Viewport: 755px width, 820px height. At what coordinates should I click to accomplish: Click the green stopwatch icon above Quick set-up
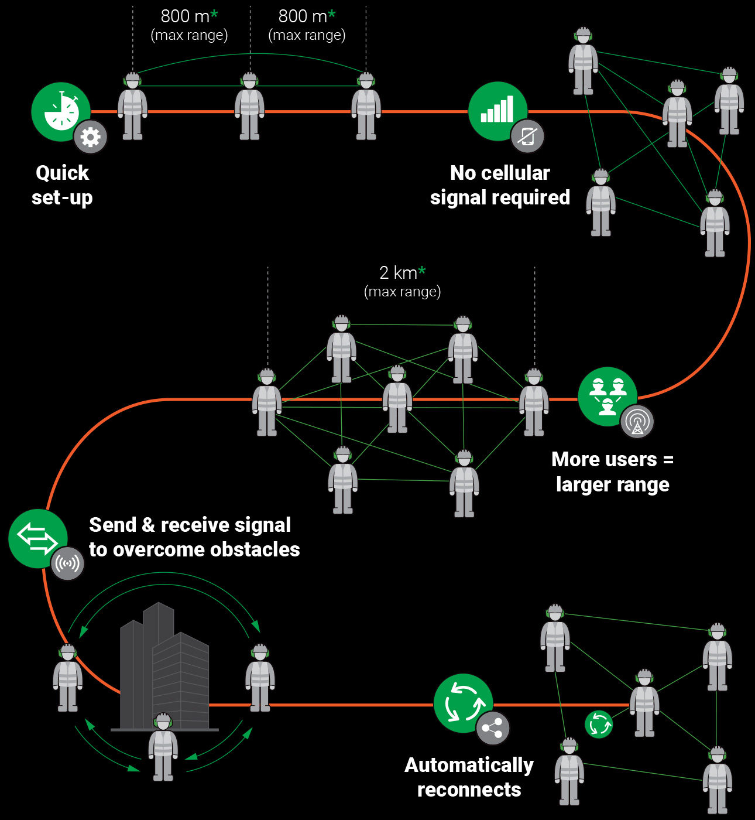coord(60,111)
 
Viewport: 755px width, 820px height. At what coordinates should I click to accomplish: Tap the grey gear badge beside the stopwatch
coord(91,137)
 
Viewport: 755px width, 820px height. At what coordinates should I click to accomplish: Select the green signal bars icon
coord(497,110)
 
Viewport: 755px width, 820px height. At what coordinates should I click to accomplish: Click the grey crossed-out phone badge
coord(527,136)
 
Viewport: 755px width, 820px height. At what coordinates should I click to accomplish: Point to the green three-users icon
coord(607,396)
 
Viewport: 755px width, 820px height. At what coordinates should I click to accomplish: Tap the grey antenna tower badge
coord(637,421)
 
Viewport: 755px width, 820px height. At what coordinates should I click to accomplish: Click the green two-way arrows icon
coord(37,538)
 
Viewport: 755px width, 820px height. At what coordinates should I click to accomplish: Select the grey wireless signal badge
coord(68,563)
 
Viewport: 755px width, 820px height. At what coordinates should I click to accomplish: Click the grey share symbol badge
coord(493,728)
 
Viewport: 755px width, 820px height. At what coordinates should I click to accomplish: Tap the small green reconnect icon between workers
coord(599,725)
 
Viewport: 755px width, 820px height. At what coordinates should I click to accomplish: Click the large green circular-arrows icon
coord(463,703)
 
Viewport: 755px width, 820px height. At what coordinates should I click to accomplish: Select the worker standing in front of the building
coord(163,747)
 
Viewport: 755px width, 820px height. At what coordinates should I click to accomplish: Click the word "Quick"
coord(63,173)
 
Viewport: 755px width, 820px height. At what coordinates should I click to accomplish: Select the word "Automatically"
coord(469,765)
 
